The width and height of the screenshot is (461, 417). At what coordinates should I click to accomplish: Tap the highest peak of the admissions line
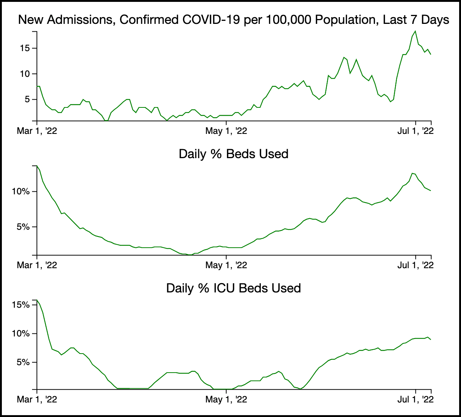(x=415, y=31)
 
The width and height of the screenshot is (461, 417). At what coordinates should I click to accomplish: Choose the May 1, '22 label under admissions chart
(x=226, y=131)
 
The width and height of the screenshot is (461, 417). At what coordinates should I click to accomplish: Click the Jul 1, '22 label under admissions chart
(x=416, y=131)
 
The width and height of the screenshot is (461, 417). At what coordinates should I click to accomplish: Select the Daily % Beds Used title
(x=233, y=154)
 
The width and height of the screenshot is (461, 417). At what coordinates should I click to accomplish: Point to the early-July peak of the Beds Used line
(x=412, y=173)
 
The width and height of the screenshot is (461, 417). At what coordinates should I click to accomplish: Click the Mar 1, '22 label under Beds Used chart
(x=37, y=265)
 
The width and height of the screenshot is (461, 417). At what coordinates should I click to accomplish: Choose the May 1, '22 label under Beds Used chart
(x=226, y=265)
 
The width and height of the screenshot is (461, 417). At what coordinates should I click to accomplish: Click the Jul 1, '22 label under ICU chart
(x=416, y=399)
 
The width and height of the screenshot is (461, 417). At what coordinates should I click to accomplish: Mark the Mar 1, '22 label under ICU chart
(x=37, y=399)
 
